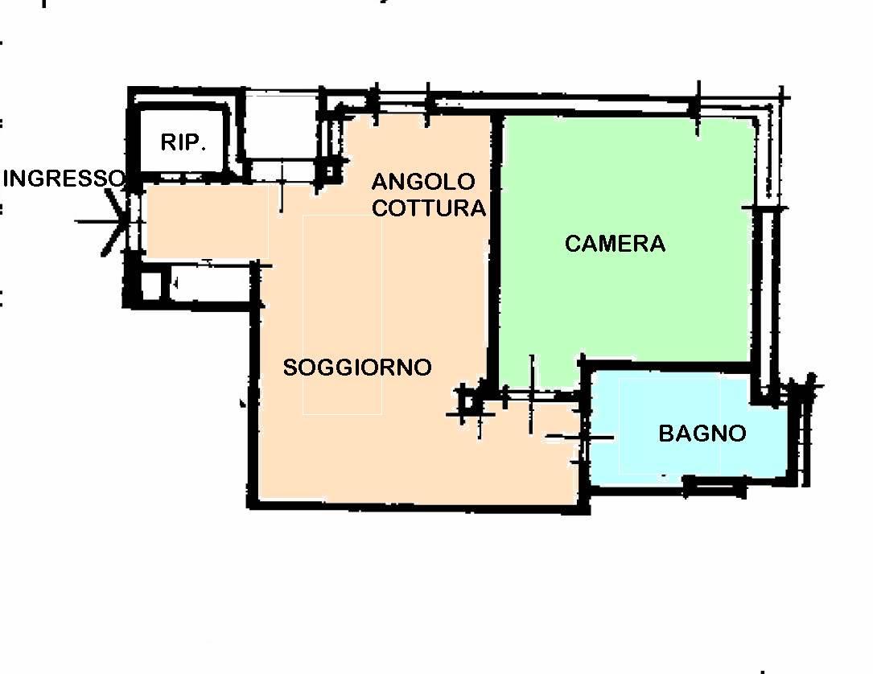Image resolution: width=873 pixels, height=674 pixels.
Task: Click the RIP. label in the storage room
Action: click(184, 142)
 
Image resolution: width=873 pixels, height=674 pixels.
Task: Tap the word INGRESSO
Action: click(63, 179)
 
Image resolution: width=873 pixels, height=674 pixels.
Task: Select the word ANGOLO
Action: click(423, 182)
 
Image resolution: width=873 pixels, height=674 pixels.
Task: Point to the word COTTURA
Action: click(429, 208)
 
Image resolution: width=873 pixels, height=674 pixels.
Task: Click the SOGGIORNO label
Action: click(357, 368)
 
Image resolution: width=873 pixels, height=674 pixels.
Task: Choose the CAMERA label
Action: click(615, 244)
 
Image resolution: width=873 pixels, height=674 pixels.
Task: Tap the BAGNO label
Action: click(702, 434)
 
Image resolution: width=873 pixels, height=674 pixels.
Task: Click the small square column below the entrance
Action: click(150, 285)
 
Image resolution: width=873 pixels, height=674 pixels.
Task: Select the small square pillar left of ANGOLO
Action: click(330, 171)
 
